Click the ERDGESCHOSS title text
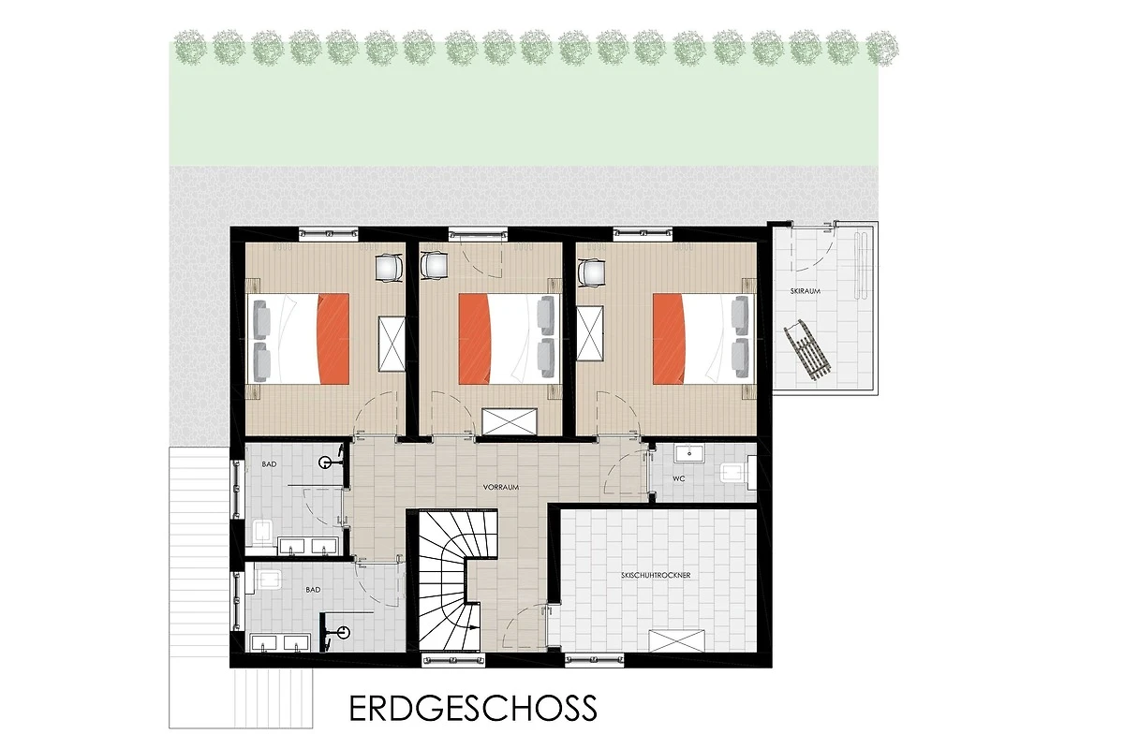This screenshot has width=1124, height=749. coord(473,708)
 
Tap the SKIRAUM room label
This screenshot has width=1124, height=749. coord(805,291)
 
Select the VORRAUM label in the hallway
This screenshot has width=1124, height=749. coord(501,487)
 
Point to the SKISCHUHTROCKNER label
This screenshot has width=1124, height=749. coord(656,575)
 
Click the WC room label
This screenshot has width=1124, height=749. coord(679,478)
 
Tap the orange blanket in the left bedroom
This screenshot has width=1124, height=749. coord(333,339)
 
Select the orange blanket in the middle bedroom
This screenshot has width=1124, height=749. coord(474,339)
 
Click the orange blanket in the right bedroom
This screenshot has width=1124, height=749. coord(669,339)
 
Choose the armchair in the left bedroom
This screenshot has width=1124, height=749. coord(390,269)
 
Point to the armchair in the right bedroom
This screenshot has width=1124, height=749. coord(592,272)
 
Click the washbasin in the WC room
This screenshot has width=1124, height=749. coord(689,453)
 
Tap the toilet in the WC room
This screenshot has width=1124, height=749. coord(739,473)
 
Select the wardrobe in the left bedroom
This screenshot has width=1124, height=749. coord(392,345)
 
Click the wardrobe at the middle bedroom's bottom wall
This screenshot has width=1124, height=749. coord(510,422)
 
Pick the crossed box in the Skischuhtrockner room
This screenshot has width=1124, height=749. coord(678,640)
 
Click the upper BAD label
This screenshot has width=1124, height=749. coord(269,464)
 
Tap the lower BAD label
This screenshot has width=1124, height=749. coord(313,590)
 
